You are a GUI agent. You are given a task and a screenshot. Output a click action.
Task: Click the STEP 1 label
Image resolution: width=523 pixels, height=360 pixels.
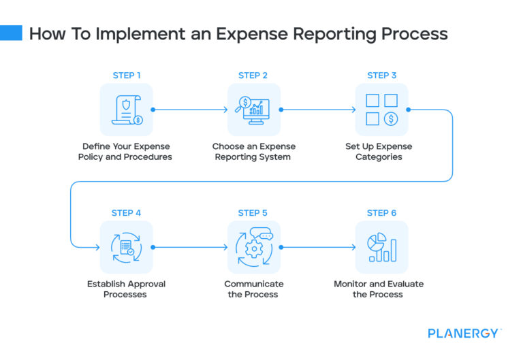coord(126,75)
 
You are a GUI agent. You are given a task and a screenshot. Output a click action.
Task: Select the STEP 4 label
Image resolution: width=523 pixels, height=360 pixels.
coord(126,212)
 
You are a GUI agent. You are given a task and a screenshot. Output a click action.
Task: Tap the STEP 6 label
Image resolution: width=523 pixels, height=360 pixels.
coord(381,212)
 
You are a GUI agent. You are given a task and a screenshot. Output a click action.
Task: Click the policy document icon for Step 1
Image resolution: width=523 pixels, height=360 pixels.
coord(127,110)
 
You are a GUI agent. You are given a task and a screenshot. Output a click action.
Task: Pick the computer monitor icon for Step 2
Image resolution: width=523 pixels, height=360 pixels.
coord(253,110)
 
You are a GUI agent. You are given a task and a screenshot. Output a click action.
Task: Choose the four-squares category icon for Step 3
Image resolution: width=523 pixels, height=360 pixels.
coord(381,110)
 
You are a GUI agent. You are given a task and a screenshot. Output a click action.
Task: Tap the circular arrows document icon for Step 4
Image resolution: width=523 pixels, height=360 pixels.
coord(127,247)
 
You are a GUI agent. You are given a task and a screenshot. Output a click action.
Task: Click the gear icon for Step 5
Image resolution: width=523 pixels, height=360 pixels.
coord(253,248)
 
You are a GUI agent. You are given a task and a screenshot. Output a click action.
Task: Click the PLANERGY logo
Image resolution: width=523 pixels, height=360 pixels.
coord(464,333)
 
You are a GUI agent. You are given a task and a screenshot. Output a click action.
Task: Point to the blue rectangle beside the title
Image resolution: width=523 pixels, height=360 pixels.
coord(11,33)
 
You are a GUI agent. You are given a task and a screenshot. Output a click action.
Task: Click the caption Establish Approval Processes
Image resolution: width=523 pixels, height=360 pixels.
coord(126,289)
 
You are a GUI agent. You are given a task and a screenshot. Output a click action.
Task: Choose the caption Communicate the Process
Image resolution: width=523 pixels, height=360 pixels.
coord(253,289)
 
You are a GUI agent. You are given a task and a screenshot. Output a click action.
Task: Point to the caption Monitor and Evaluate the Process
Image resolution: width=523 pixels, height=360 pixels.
coord(378,289)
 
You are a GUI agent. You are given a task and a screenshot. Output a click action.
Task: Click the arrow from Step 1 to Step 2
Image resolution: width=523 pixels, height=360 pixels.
coord(190,110)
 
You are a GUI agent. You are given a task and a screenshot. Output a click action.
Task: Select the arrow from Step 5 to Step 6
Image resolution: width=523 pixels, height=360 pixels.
coord(317,247)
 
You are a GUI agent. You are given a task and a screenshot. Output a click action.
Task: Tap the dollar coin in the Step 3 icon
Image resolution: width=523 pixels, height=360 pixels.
coord(391,119)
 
